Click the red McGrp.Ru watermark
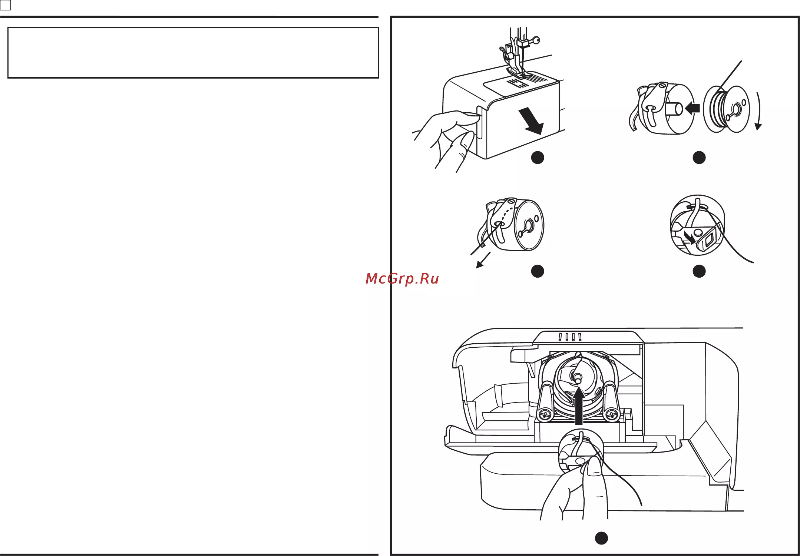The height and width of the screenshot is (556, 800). point(402,278)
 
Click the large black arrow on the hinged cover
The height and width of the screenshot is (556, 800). point(531,121)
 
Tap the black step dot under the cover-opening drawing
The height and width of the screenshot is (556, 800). point(538,158)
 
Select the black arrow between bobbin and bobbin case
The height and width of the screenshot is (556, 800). point(692,108)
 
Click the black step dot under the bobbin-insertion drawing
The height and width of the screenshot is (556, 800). point(699,158)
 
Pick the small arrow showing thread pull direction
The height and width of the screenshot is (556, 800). point(483,260)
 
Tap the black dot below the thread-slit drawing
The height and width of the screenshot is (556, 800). point(538,271)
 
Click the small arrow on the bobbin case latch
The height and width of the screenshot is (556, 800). point(690,238)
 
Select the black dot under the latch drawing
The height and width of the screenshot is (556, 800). point(699,271)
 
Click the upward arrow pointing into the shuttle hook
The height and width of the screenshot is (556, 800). point(579,405)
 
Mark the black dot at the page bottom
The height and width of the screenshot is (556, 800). point(601,538)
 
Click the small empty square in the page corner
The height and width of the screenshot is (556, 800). point(6,6)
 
